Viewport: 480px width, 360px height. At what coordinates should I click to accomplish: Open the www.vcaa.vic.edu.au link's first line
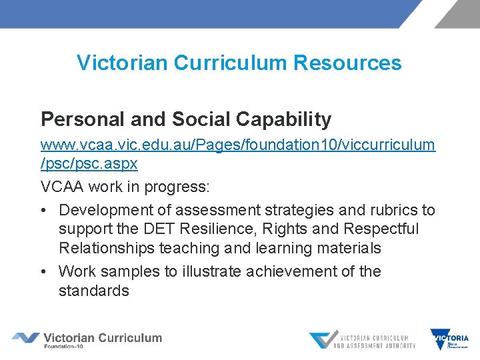[x=238, y=144]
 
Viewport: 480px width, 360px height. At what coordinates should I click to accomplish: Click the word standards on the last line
[x=94, y=291]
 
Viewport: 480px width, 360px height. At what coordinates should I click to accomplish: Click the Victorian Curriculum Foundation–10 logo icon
[x=25, y=338]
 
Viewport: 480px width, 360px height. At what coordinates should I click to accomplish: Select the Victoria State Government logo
[x=450, y=339]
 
